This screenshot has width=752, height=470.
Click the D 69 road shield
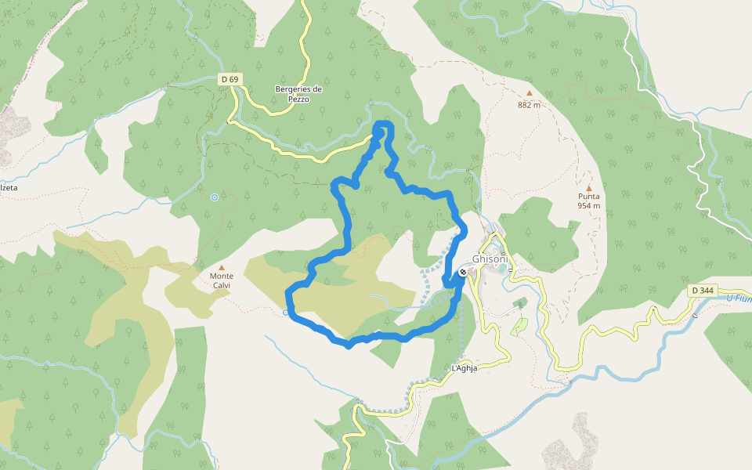229,79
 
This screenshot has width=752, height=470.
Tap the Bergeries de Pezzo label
298,94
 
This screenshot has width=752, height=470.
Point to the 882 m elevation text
529,104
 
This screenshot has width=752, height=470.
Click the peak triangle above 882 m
529,92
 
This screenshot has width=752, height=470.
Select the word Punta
589,197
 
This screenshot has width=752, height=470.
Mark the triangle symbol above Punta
589,187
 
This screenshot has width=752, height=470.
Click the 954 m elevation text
589,206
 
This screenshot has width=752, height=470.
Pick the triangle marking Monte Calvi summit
221,267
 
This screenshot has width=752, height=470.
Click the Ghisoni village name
490,259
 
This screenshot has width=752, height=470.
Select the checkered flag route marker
464,273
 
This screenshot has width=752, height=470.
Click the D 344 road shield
702,291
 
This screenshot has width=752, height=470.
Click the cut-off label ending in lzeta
9,188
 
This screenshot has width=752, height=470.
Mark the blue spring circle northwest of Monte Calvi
214,197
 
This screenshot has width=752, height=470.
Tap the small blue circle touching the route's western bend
287,313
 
